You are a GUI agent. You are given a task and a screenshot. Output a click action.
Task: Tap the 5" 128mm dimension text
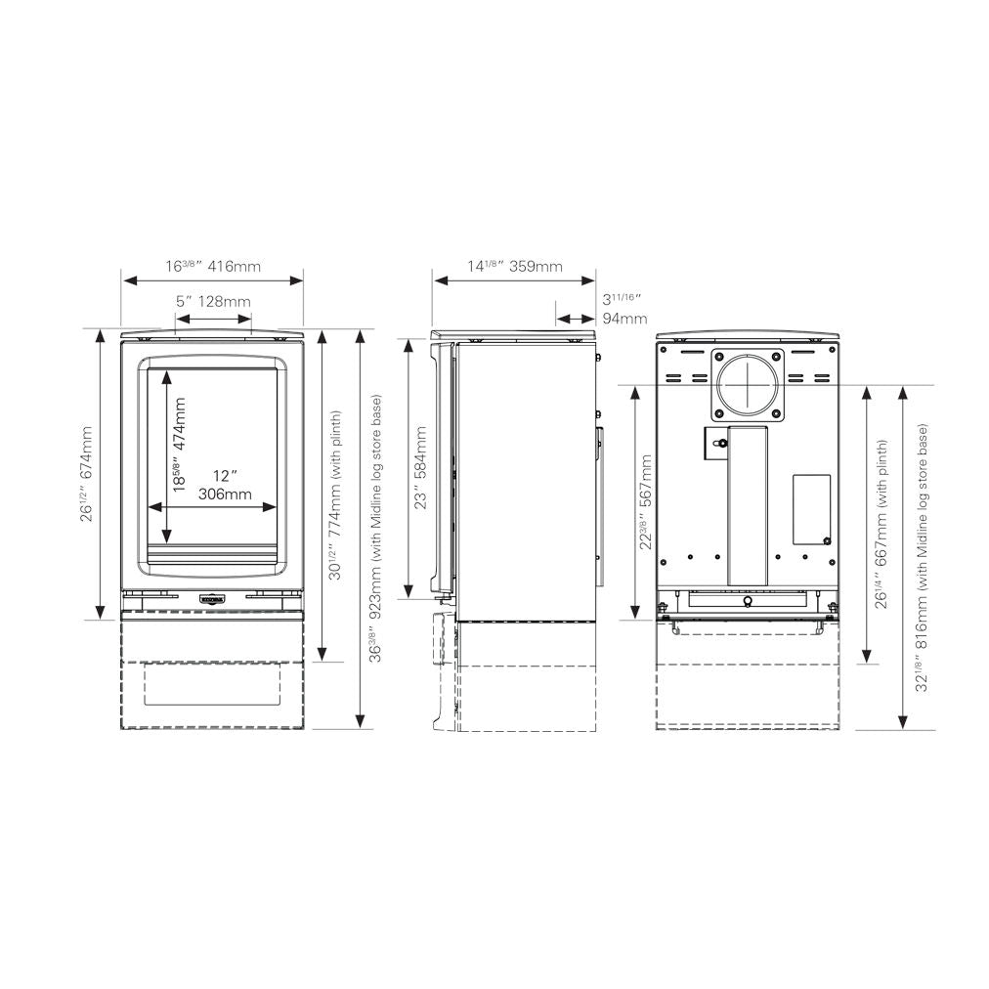click(x=213, y=301)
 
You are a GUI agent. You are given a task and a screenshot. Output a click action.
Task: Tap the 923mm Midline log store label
click(x=375, y=529)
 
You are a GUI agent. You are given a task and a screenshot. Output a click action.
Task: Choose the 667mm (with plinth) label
click(x=881, y=524)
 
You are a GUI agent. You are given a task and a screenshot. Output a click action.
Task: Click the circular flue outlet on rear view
click(x=748, y=385)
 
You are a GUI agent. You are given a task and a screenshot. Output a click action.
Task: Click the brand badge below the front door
click(x=212, y=598)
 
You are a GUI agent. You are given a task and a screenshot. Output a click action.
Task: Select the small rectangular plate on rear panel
click(x=810, y=508)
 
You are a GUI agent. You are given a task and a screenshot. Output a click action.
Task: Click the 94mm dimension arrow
click(x=575, y=318)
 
